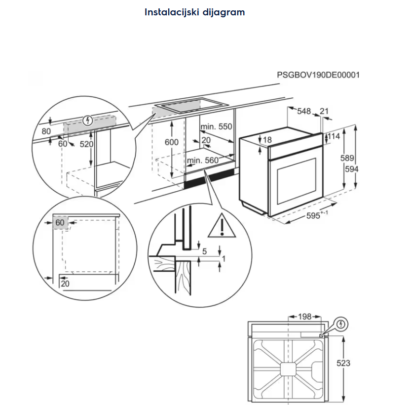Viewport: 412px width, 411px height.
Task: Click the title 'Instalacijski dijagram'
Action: [194, 12]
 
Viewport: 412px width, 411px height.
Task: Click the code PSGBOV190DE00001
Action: [318, 75]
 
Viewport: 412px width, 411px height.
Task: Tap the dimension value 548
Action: [304, 112]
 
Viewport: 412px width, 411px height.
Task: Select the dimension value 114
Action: [334, 136]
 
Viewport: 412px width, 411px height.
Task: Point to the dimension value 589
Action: [347, 158]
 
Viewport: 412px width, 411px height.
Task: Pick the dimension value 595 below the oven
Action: [314, 216]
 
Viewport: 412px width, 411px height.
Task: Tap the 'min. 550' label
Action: [216, 127]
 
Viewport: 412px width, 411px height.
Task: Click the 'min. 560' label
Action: [202, 160]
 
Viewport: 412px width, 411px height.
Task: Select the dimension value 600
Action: [171, 142]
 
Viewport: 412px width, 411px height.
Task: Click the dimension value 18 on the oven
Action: [267, 140]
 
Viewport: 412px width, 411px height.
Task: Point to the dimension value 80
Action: [46, 131]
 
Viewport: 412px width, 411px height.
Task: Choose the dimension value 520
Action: [86, 144]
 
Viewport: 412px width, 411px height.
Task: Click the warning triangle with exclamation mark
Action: [223, 226]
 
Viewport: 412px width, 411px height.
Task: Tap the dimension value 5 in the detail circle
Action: [204, 251]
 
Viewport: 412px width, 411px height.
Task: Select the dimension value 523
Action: [343, 363]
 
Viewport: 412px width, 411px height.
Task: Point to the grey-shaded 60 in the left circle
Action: [59, 223]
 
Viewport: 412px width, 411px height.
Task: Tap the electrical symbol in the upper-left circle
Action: [88, 120]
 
